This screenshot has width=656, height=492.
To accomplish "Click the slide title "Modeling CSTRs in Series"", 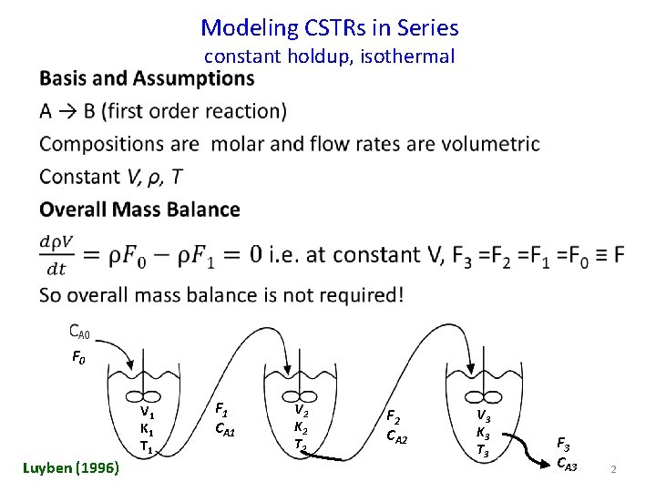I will tap(329, 28).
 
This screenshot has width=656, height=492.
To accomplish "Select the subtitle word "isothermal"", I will tap(407, 56).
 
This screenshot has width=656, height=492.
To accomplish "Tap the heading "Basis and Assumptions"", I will tap(147, 78).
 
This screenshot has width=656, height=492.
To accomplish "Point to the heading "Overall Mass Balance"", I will tap(139, 210).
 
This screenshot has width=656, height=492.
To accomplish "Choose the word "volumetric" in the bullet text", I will tap(491, 144).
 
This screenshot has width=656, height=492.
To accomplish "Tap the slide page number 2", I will tap(614, 468).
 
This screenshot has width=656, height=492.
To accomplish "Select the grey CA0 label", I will tap(80, 332).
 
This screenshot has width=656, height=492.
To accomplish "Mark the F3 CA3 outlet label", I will tap(566, 453).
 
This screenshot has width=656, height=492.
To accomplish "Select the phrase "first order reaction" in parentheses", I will tap(194, 111).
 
